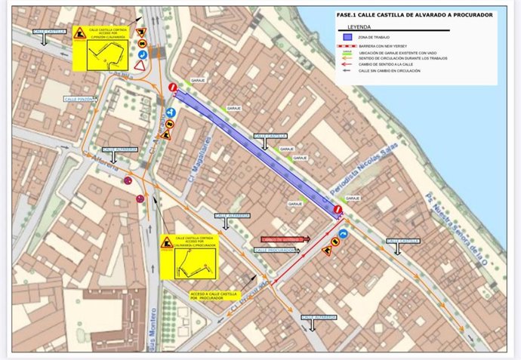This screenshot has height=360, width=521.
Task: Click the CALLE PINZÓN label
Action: coord(79,99)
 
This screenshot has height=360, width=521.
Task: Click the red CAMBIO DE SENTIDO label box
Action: coord(280,239)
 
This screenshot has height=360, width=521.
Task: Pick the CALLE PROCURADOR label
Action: coord(276,250)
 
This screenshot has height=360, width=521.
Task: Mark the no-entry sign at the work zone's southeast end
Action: coord(338,211)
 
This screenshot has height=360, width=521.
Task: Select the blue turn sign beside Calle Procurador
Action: coord(343,235)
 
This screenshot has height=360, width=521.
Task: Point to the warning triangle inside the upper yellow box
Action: coord(79,33)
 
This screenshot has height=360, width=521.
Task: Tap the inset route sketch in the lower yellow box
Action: coord(194,263)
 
